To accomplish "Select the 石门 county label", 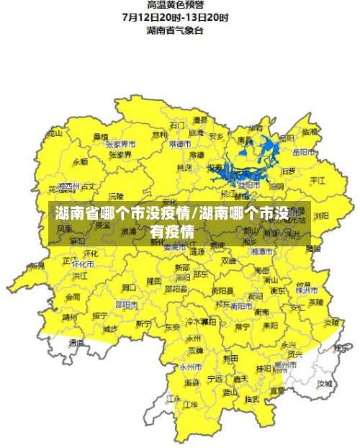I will pos(176,125).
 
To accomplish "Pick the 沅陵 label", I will pos(116,196).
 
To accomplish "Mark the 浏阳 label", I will pos(321,215).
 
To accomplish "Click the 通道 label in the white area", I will pos(77,345).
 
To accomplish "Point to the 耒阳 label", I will pos(270,325).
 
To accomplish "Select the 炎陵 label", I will pos(330,322).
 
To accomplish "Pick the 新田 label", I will pos(230,358).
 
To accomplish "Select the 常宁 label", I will pos(242,326).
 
